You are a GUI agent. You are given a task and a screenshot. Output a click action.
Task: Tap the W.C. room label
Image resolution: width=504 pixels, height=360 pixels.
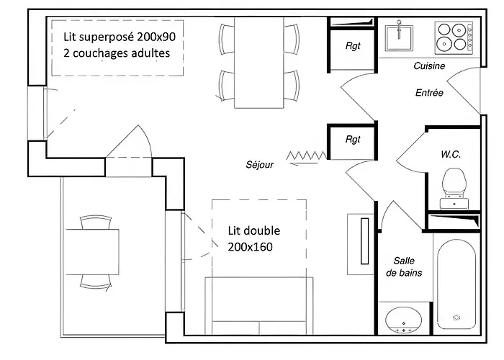pos(451,155)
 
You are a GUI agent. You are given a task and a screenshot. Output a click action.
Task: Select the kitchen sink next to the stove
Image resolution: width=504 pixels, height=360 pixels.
pos(398,35)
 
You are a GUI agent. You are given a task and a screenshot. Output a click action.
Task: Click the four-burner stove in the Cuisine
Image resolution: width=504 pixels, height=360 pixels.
pos(454,36)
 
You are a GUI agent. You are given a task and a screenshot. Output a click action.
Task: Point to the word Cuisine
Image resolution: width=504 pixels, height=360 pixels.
pos(429,66)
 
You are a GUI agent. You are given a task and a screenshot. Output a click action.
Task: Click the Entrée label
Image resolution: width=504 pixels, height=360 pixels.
pos(430,93)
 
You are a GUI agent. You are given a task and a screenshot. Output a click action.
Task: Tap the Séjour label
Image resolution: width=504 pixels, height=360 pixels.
pos(259,164)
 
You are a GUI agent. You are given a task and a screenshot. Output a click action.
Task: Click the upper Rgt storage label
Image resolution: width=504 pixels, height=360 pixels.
pos(352,45)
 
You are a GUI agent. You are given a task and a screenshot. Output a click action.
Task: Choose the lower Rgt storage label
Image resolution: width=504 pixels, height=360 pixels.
pos(352,140)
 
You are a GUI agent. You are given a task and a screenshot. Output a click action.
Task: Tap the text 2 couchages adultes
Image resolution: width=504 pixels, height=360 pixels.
pos(117,53)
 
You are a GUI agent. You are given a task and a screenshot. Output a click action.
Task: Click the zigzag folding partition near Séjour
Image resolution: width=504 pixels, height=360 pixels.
pos(306,155)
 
